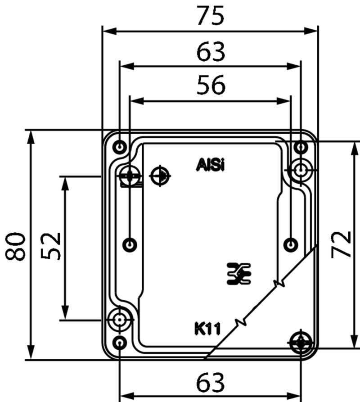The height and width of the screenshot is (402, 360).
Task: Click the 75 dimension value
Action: (x=210, y=17)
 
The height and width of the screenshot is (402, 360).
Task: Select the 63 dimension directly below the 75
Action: (x=211, y=52)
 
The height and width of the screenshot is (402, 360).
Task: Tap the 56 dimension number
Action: (x=211, y=85)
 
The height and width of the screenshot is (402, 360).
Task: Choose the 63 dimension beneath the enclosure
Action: (x=210, y=383)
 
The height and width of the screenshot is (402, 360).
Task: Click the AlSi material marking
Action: (x=210, y=165)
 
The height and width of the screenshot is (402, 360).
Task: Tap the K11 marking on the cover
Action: (x=207, y=329)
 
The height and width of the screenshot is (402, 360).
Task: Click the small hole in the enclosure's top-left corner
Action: (x=120, y=147)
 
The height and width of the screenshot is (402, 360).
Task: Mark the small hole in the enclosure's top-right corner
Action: (x=301, y=146)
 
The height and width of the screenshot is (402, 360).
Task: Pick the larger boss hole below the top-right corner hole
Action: (x=300, y=170)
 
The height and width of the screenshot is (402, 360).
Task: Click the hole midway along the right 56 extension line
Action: (x=292, y=244)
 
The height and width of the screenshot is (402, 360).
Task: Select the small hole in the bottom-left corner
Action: (x=119, y=343)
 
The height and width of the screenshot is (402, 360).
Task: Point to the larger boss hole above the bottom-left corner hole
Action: (x=119, y=320)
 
